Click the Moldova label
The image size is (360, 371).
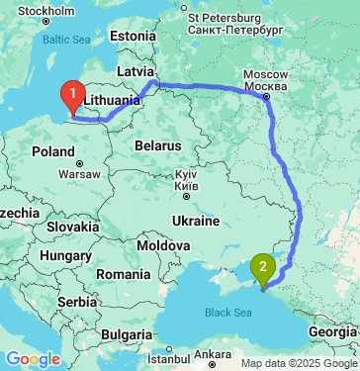pos(163,244)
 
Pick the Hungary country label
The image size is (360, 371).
pos(66,255)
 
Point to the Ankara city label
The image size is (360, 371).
pos(212,353)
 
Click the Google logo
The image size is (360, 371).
pos(33,359)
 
